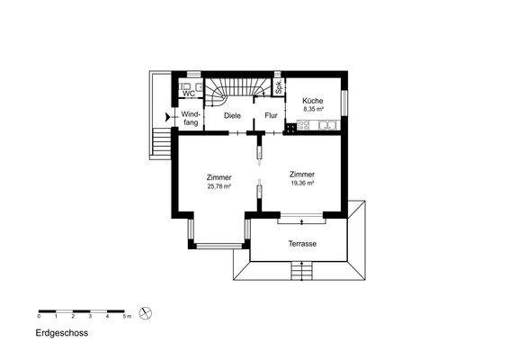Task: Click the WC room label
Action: click(189, 94)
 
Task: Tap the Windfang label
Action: click(191, 119)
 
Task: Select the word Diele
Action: click(220, 116)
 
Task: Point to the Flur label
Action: click(271, 116)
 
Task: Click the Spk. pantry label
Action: click(279, 87)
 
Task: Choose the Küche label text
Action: click(313, 100)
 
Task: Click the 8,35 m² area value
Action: click(313, 109)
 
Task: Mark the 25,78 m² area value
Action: click(219, 186)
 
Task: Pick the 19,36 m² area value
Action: click(302, 182)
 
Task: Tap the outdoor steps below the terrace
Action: click(301, 272)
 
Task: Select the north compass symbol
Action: click(147, 314)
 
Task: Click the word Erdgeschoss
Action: click(62, 332)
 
